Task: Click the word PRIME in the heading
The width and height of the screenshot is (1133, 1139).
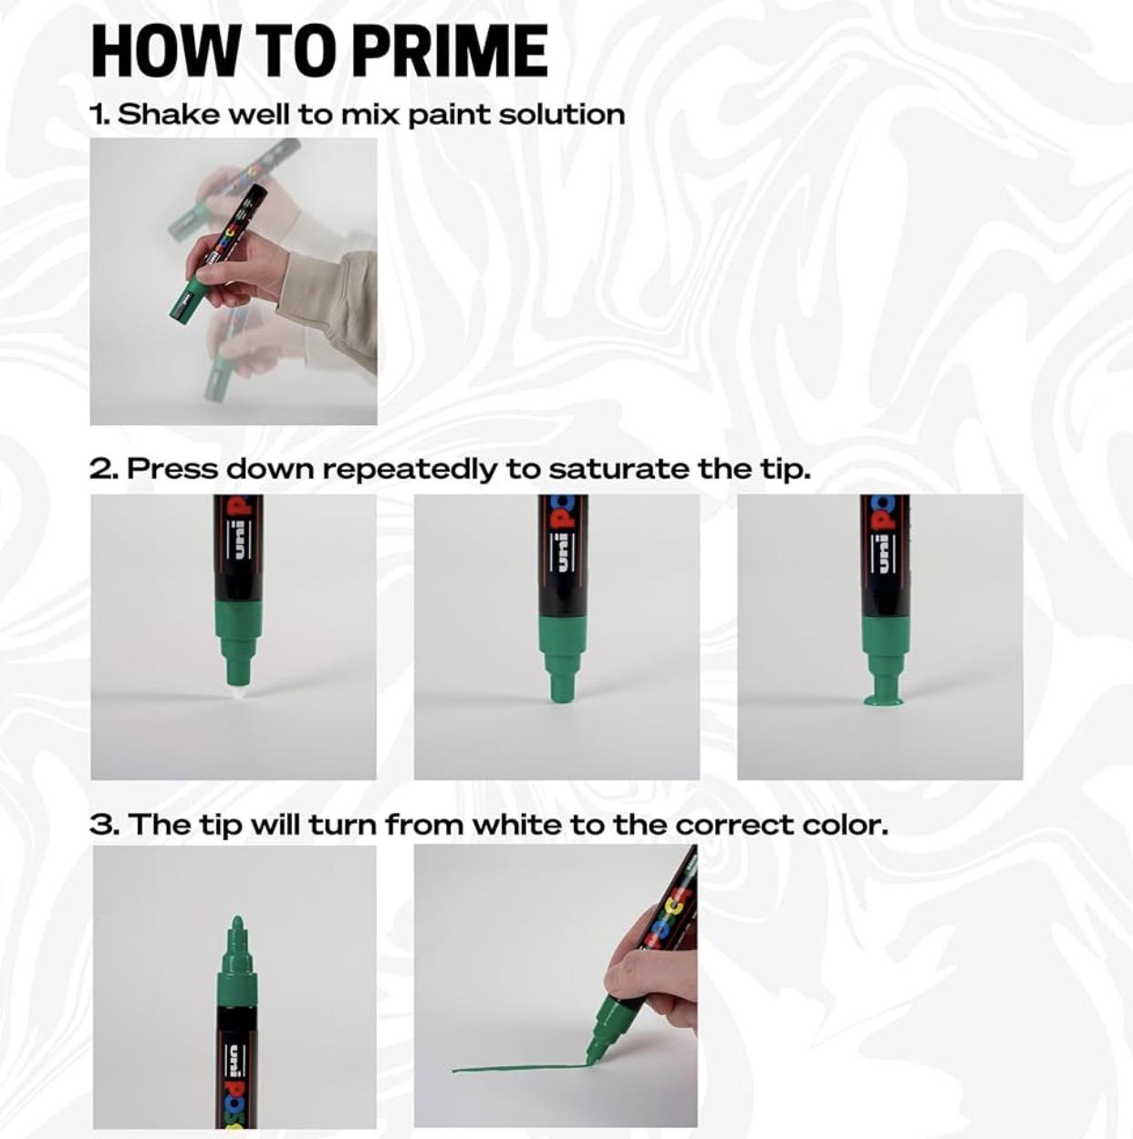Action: pyautogui.click(x=452, y=50)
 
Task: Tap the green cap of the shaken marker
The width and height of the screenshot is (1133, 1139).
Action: pyautogui.click(x=187, y=299)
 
